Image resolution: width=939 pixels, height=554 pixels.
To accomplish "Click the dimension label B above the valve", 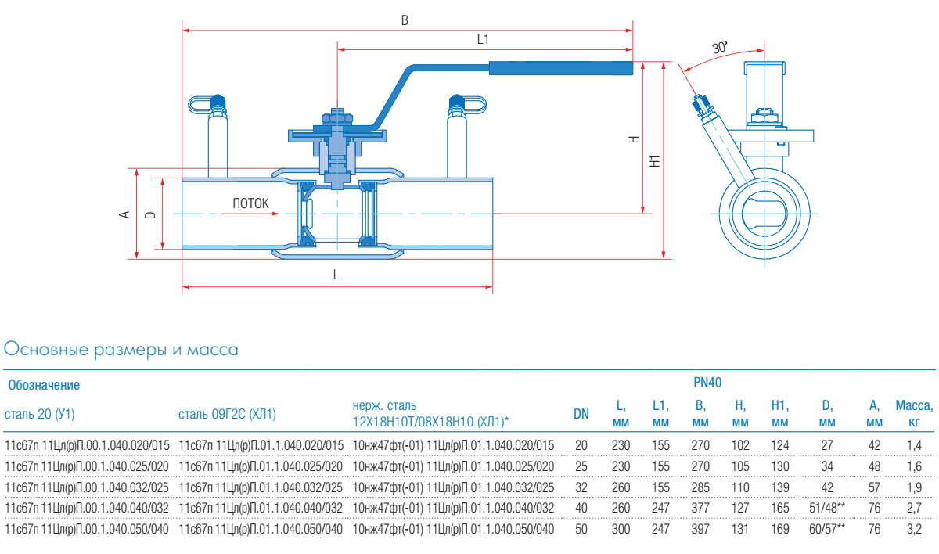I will point(405,21).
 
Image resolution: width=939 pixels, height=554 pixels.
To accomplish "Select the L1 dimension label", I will point(483,39).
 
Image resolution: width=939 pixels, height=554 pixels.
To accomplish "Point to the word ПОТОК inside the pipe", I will point(250,203).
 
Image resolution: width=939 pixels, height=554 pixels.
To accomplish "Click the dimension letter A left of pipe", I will point(123,213).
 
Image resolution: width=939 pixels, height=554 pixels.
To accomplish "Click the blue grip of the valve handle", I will point(560,69).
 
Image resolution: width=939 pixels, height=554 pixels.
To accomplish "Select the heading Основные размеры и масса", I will point(121,350).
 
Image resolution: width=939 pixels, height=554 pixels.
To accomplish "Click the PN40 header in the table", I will point(707,383).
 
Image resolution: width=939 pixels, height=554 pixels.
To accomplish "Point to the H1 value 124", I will point(779,445).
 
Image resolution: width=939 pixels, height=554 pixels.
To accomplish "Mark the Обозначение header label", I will point(44,385).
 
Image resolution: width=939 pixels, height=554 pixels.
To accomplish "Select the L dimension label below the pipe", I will point(336,275).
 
